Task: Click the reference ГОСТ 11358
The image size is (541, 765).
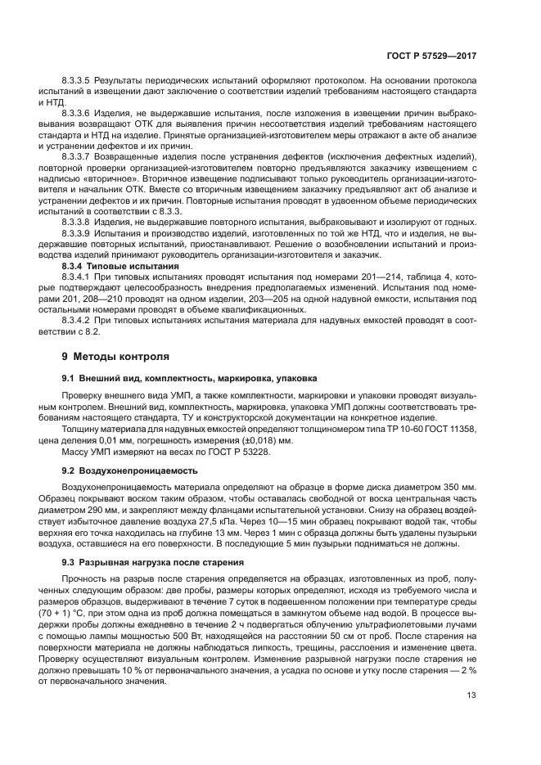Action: tap(449, 429)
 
